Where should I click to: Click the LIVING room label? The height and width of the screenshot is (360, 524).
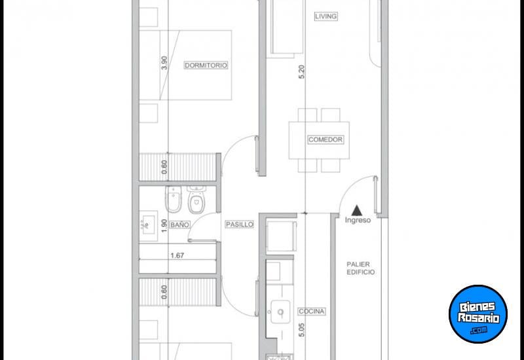[x=325, y=16]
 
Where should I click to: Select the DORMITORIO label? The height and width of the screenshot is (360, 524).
[x=205, y=65]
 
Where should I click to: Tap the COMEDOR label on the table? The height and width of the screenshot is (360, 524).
[x=325, y=139]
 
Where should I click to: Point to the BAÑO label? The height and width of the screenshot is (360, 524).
[x=179, y=225]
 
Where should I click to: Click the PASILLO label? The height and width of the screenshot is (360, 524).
[x=239, y=225]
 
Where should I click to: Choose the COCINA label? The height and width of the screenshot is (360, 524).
[x=312, y=312]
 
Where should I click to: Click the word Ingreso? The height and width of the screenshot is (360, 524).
[x=358, y=220]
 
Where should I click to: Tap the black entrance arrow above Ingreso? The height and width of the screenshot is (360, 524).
[x=357, y=209]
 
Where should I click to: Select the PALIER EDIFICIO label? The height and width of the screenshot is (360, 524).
[x=362, y=268]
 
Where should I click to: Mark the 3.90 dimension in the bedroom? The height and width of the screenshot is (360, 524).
[x=164, y=63]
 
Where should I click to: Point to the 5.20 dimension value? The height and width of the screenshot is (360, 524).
[x=301, y=72]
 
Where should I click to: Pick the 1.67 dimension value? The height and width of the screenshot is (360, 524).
[x=176, y=256]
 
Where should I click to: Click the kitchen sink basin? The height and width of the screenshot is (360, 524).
[x=280, y=312]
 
